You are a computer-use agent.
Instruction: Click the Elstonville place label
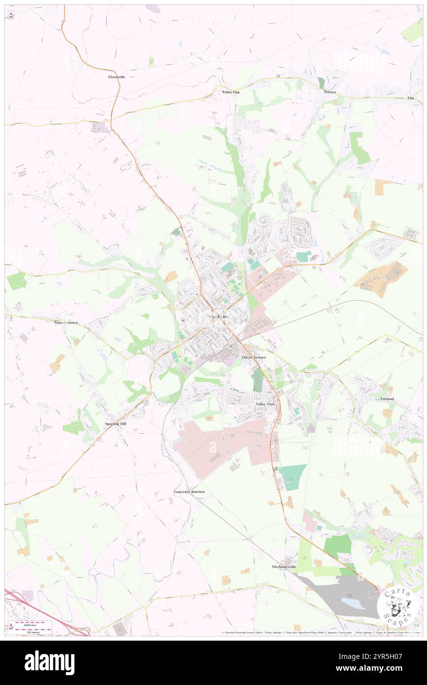click(117, 77)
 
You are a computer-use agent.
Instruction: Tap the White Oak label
click(230, 92)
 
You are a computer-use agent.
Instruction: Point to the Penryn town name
click(330, 92)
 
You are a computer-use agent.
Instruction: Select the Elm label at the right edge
click(411, 98)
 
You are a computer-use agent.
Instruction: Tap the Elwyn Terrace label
click(253, 357)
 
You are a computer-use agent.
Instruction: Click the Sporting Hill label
click(116, 423)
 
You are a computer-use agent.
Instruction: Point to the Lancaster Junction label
click(189, 492)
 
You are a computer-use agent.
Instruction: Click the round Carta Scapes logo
click(397, 607)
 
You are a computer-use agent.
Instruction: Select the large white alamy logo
click(49, 662)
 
